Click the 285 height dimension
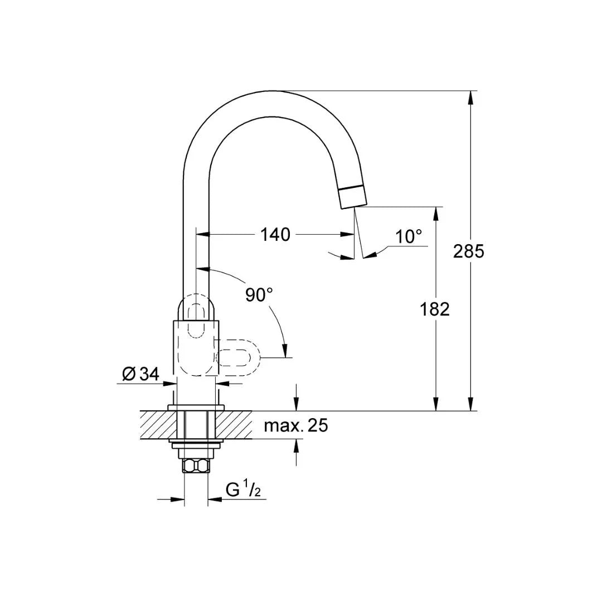[468, 251]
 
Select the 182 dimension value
[434, 309]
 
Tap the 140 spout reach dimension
[276, 235]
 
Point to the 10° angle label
[409, 236]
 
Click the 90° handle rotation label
[259, 295]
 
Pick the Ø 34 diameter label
[140, 375]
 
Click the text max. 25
[296, 426]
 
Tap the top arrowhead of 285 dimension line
[471, 98]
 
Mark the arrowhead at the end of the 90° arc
[285, 351]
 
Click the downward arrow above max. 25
[296, 404]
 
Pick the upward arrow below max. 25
[296, 446]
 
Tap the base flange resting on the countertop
[196, 408]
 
